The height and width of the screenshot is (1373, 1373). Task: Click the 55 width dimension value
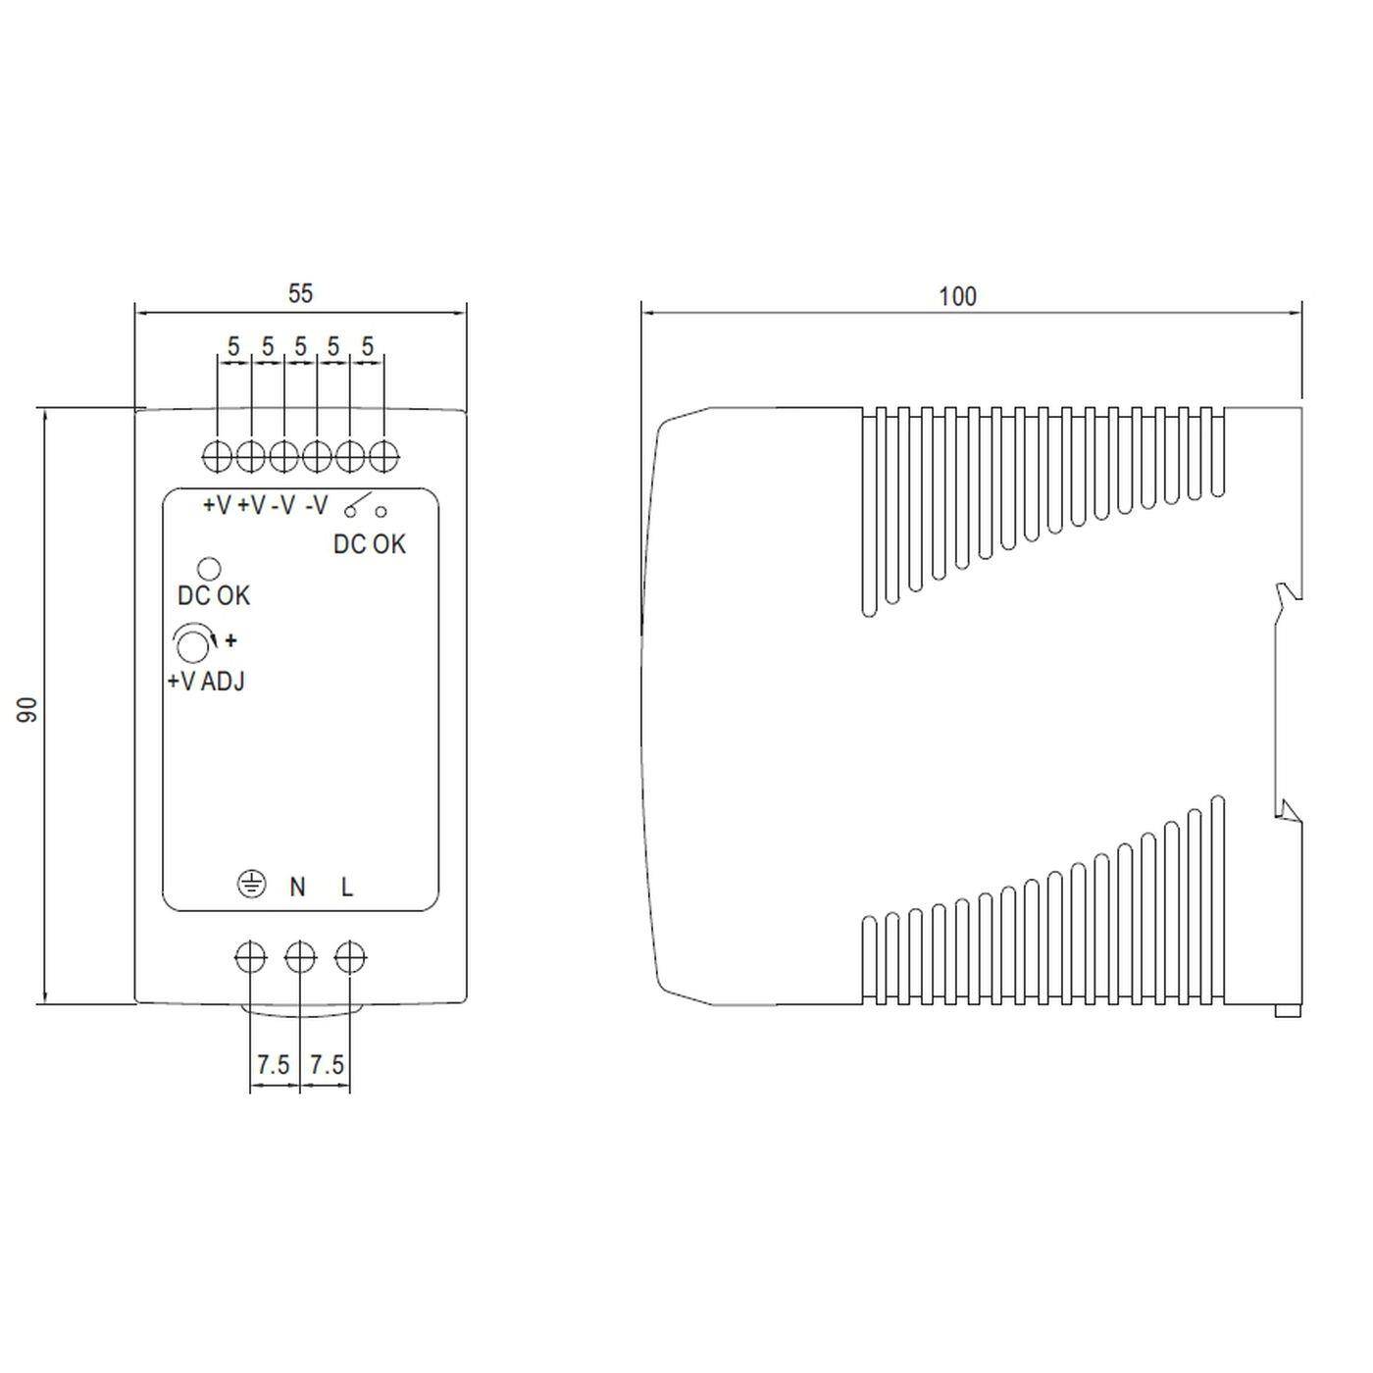point(300,293)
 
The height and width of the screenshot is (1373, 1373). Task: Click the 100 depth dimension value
point(957,296)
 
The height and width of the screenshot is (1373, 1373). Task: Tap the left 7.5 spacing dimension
point(274,1064)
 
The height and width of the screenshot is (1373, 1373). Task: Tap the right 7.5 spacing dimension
point(327,1064)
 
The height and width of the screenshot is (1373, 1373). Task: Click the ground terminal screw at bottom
point(251,957)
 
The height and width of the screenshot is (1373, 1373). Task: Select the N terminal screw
point(300,957)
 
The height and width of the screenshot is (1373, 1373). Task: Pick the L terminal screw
point(350,957)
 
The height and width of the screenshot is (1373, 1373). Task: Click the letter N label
point(297,887)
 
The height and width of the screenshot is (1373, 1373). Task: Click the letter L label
point(347,887)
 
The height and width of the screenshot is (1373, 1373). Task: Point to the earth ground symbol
point(252,885)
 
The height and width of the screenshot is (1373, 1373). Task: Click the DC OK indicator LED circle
point(209,568)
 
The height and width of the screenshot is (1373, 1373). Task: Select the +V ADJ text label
point(206,682)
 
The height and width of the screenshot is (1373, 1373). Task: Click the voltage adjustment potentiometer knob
point(190,644)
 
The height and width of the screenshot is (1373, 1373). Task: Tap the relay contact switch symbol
point(363,506)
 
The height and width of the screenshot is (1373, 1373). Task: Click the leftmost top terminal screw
point(217,456)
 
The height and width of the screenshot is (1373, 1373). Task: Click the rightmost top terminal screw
point(383,456)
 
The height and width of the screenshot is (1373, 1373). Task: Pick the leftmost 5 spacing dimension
point(233,346)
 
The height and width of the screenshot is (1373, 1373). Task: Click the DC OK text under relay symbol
point(369,544)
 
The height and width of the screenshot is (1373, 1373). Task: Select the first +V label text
point(217,506)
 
